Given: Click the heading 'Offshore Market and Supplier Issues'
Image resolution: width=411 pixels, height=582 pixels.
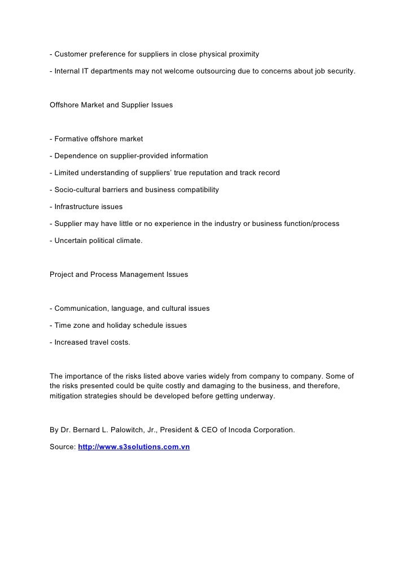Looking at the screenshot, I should click(x=111, y=105).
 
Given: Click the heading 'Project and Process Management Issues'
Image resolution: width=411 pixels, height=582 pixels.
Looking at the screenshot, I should click(x=119, y=275).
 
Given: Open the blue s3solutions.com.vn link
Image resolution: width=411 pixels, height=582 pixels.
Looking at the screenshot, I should click(x=134, y=447).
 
